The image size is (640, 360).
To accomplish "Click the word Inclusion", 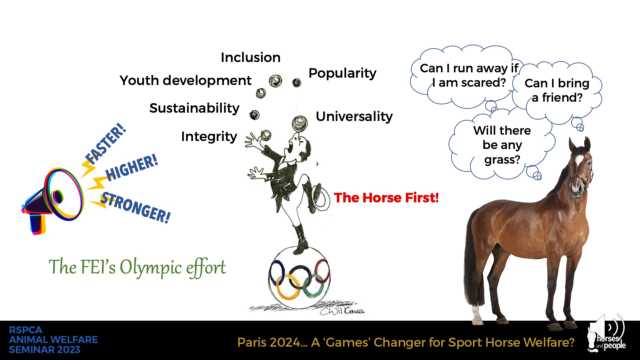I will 250,58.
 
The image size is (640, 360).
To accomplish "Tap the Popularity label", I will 342,73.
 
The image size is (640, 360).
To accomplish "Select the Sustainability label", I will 194,108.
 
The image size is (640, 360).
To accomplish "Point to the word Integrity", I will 209,137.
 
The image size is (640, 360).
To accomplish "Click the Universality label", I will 354,117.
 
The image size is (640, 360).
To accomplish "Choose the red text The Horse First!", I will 386,198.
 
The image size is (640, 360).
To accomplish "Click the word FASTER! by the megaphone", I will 106,144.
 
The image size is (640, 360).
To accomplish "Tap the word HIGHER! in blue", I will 132,168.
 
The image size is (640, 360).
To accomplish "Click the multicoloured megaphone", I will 53,200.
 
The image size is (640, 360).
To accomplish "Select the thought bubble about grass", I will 502,145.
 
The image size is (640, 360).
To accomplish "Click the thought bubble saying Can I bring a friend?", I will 557,90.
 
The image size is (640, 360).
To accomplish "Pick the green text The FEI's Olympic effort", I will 137,267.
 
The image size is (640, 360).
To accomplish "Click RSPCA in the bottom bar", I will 26,330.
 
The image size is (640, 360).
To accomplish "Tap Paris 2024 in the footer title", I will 269,342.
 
